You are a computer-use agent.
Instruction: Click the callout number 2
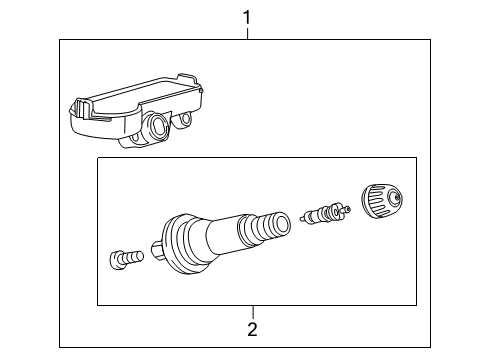pyautogui.click(x=252, y=328)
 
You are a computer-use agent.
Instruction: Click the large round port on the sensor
pyautogui.click(x=158, y=126)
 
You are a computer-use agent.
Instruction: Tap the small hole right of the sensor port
pyautogui.click(x=186, y=121)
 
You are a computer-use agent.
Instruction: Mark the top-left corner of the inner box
pyautogui.click(x=97, y=157)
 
